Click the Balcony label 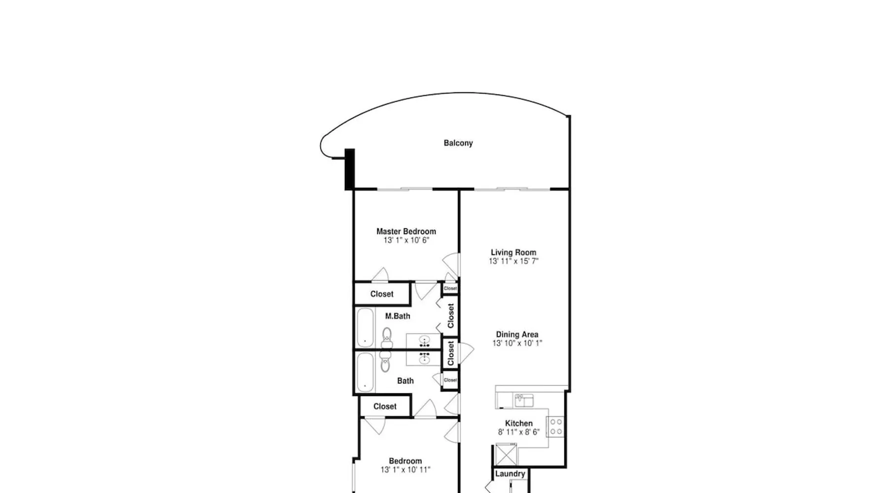(458, 143)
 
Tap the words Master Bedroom (406, 231)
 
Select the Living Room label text (513, 252)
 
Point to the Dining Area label (517, 334)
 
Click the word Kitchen (519, 423)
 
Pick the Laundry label (510, 474)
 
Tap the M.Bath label (398, 316)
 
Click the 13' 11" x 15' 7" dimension (513, 261)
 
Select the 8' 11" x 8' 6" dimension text (519, 432)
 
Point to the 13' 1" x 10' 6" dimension (407, 240)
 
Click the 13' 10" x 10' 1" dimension (517, 343)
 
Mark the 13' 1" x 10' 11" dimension (405, 470)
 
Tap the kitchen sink (524, 400)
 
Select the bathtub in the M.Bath (366, 328)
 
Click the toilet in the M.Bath (387, 337)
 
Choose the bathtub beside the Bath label (366, 372)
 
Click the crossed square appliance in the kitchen (507, 454)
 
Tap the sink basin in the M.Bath (423, 340)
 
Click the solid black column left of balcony (349, 169)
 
